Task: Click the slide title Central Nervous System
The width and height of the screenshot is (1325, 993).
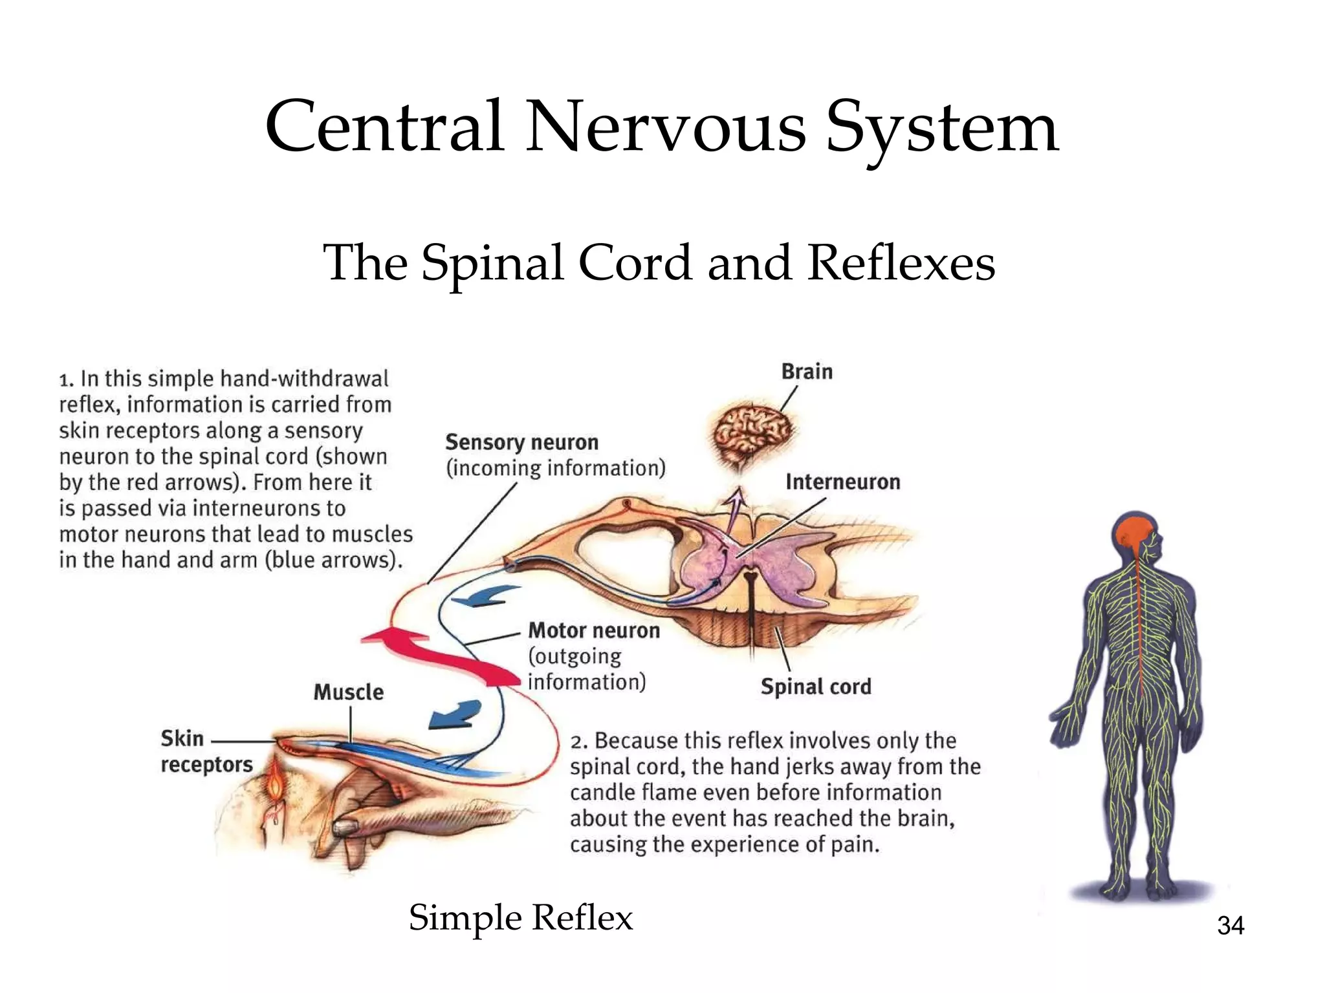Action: [x=661, y=127]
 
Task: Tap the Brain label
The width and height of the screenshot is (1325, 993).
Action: [x=807, y=372]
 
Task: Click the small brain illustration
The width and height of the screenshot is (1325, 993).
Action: [x=752, y=432]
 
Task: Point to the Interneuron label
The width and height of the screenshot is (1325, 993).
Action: [x=842, y=482]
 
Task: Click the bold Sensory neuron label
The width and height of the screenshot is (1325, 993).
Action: [x=521, y=443]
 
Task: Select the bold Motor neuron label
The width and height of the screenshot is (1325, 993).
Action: [x=594, y=630]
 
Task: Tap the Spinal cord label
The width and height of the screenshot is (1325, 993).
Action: [x=816, y=687]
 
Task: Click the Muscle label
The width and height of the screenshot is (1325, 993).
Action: [x=349, y=692]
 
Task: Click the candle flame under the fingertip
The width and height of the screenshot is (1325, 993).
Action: [x=276, y=785]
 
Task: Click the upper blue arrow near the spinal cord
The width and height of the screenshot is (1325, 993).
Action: [x=485, y=596]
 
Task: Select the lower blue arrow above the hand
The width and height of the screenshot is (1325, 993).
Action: [x=455, y=714]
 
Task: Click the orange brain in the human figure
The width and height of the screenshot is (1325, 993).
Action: [x=1132, y=534]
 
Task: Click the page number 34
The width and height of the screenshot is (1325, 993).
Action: [x=1230, y=926]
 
